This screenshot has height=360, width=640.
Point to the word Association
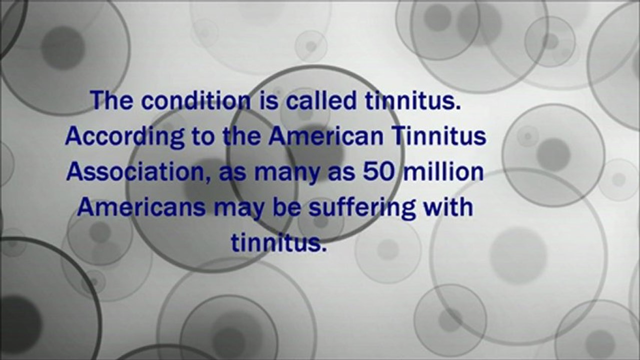[131, 172]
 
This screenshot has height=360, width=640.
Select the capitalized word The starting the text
[113, 101]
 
